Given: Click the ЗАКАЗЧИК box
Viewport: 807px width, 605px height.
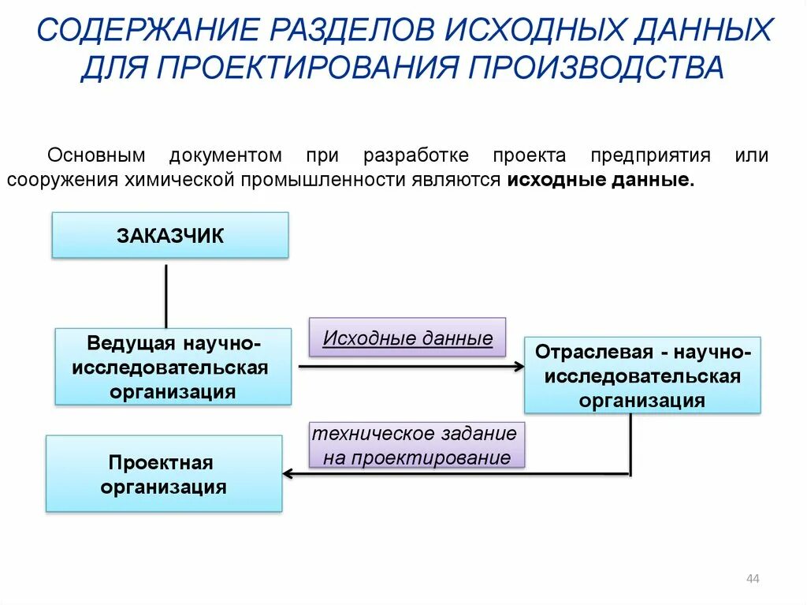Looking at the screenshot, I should point(170,235).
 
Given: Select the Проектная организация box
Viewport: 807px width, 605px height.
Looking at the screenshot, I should point(163,474).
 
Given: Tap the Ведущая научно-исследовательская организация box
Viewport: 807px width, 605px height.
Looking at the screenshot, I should point(173,368).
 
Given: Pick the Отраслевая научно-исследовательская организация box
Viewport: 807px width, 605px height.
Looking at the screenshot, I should point(642,375).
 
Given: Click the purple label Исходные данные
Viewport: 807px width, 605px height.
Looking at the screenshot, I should point(407,339).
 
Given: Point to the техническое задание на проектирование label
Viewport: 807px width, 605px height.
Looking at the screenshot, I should point(417,446).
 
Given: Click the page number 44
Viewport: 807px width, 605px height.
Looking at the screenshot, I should point(752,580).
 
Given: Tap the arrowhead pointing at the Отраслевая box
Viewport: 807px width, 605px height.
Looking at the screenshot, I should point(519,366).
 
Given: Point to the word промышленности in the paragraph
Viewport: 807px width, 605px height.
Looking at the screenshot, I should point(323,180).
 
